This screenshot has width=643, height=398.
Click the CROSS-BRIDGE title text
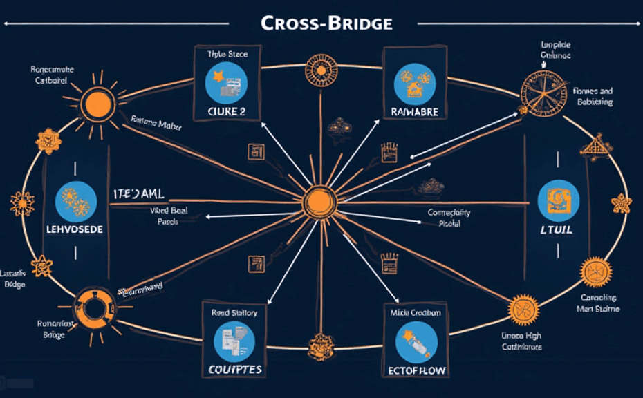[x=326, y=23]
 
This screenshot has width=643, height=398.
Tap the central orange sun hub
[x=319, y=201]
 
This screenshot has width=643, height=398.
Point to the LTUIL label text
[x=555, y=229]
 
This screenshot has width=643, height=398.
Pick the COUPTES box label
[x=235, y=369]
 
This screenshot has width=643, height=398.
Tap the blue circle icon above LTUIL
[x=558, y=200]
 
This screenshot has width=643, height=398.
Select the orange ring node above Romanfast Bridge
[x=94, y=308]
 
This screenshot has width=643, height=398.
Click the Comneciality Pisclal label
[x=449, y=218]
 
